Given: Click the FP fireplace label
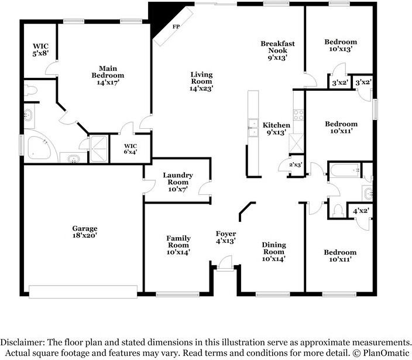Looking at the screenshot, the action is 176,26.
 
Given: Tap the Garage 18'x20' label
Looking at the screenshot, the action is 85,232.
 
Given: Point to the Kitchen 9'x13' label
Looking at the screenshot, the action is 276,129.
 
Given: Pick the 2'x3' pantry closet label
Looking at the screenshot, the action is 296,164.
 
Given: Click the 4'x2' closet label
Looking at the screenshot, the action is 361,211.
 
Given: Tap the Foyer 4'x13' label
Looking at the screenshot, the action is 226,237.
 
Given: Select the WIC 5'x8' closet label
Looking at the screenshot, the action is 40,50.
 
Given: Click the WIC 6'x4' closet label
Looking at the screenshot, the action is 131,149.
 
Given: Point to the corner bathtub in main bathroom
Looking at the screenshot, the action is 39,148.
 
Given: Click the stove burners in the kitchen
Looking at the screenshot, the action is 298,115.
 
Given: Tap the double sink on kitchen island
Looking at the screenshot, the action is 253,128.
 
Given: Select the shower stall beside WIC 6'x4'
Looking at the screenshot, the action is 98,149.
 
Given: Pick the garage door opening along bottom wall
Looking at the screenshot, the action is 83,292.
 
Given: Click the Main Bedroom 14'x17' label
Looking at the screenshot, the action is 108,76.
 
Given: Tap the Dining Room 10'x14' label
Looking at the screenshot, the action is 274,252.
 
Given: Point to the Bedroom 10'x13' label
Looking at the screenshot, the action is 341,45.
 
